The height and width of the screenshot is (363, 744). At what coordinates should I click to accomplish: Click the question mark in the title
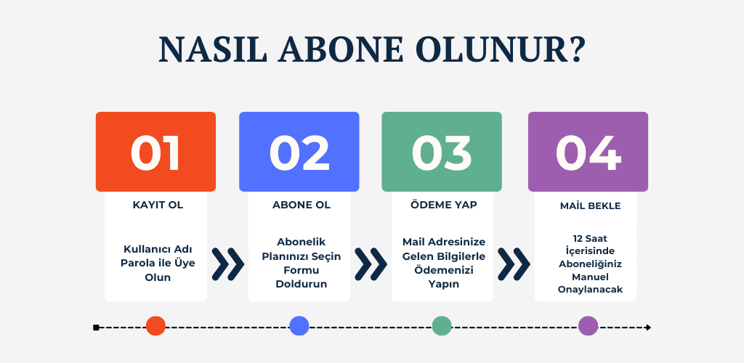[575, 49]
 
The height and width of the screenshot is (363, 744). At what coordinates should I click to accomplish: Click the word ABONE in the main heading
[341, 49]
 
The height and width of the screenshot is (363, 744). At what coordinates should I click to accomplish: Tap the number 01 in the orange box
[155, 153]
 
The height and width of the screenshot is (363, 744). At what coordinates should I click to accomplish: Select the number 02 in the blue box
[299, 153]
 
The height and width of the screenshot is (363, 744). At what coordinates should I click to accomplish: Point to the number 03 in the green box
[441, 153]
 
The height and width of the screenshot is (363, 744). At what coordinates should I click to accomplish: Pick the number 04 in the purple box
[588, 153]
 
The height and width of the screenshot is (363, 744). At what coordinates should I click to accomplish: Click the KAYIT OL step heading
[158, 205]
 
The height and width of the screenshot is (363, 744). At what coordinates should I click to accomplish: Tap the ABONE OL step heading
[302, 205]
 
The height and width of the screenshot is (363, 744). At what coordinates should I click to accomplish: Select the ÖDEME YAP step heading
[444, 205]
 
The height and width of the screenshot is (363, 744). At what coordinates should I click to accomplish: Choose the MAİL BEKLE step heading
[590, 206]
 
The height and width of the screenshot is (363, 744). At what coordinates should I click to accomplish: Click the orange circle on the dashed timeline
[155, 326]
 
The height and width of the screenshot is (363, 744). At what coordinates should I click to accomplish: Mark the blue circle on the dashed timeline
[299, 326]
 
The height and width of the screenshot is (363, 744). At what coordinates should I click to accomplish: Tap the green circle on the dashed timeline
[442, 326]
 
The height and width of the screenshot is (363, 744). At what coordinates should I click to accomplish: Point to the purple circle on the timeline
[588, 326]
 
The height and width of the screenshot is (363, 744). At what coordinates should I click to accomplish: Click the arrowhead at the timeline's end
[649, 327]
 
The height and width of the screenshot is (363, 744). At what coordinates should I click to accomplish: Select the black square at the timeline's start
[96, 327]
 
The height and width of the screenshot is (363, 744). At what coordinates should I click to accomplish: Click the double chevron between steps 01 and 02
[227, 264]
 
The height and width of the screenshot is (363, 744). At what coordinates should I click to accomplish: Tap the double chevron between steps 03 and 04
[514, 264]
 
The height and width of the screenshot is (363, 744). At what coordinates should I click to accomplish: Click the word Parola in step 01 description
[135, 263]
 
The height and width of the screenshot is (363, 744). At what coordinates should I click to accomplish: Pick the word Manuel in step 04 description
[590, 277]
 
